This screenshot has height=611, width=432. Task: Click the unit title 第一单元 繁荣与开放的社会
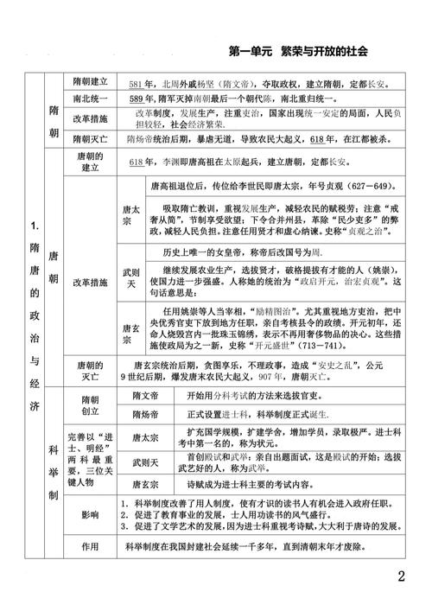point(299,51)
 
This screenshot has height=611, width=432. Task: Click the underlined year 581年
point(138,84)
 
